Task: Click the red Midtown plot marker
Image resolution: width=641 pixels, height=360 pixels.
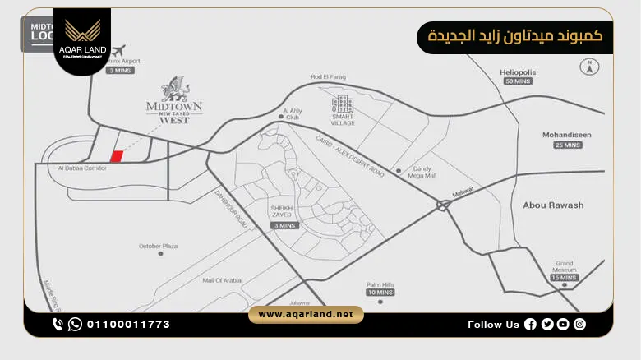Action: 117,156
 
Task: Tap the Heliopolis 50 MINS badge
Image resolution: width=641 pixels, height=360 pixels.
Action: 518,81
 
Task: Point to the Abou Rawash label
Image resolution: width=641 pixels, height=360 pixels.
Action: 553,205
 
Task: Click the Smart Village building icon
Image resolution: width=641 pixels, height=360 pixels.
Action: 342,104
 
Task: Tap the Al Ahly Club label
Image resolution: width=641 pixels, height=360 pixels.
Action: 293,113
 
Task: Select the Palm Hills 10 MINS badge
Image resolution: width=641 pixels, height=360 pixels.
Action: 380,293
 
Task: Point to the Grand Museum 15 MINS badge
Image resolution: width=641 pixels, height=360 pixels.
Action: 564,278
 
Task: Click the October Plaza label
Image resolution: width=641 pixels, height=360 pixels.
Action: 158,246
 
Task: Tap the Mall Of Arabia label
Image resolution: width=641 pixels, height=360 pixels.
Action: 222,281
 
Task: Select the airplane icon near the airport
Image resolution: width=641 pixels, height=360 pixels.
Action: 121,50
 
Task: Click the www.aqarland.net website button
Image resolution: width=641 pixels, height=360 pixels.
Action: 306,315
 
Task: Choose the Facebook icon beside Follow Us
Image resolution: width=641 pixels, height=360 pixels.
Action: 530,325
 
